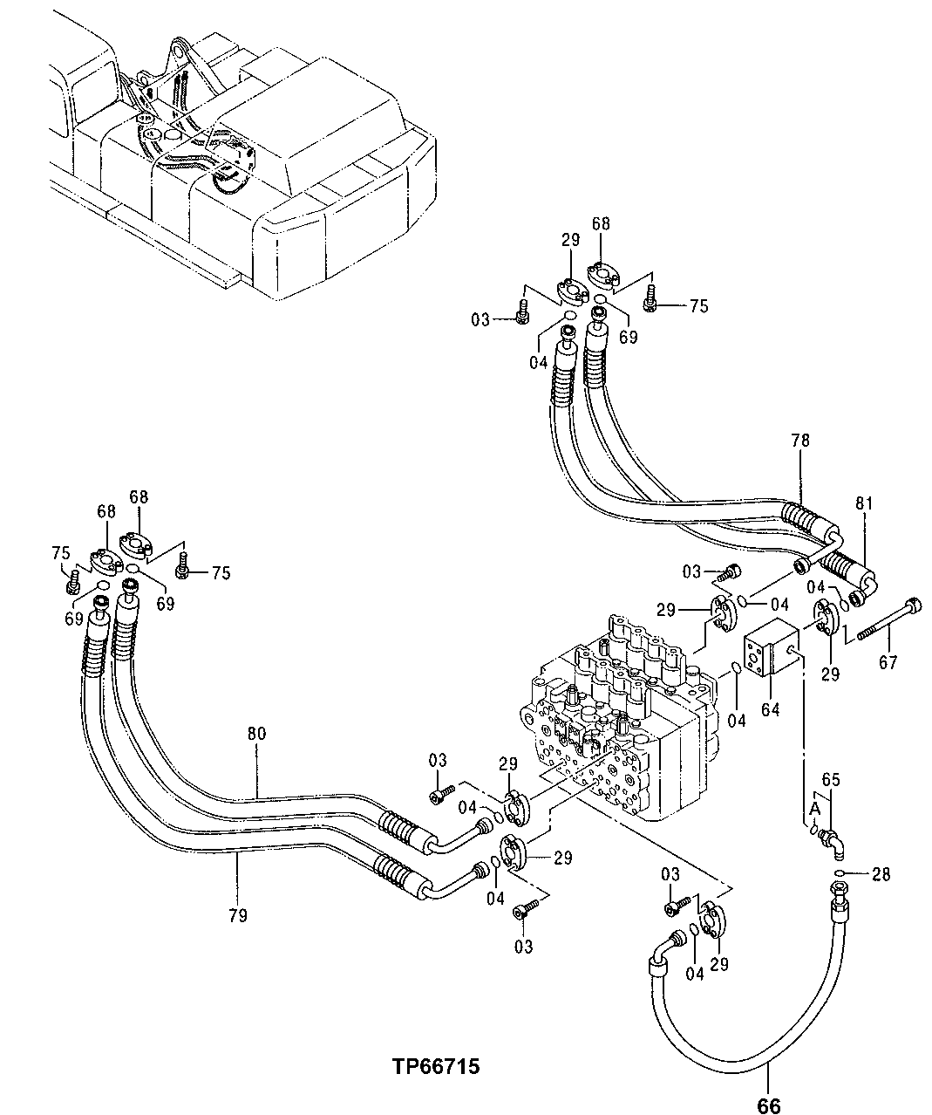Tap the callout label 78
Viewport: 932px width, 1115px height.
(x=800, y=441)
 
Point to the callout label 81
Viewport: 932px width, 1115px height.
(x=863, y=503)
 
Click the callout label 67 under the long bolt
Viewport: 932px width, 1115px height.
(x=888, y=662)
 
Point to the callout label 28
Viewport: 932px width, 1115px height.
(x=881, y=874)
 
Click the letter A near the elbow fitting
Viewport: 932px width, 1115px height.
(x=814, y=810)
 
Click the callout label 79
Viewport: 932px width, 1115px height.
(x=237, y=915)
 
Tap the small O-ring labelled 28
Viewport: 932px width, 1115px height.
(x=838, y=873)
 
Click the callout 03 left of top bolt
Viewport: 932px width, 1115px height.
(x=480, y=320)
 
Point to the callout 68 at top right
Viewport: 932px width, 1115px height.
(x=601, y=225)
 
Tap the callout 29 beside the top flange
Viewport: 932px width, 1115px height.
(x=570, y=240)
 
